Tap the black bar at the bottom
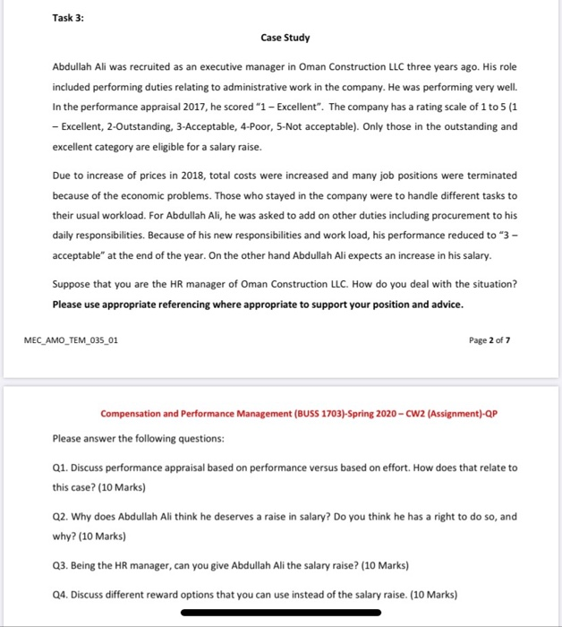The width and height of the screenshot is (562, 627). coord(280,614)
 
